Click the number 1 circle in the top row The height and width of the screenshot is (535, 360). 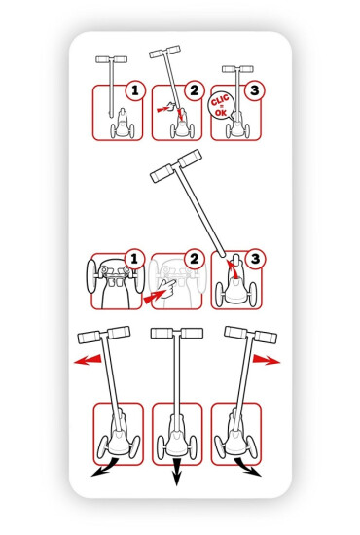135,90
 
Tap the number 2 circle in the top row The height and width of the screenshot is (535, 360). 195,90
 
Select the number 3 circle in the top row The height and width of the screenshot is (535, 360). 255,90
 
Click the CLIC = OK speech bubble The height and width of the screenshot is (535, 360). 221,106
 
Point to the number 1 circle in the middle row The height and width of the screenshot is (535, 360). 133,259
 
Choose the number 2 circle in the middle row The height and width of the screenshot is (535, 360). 195,259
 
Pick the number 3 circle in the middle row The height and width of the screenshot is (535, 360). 255,259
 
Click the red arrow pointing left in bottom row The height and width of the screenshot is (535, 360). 88,360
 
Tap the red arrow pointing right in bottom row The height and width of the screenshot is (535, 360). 267,360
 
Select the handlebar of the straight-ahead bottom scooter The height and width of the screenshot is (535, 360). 177,333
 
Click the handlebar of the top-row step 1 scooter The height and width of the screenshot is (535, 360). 112,59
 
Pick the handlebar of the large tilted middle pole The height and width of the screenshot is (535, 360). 176,165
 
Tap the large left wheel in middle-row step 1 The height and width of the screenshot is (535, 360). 91,276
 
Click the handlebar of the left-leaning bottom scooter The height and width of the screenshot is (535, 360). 104,335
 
